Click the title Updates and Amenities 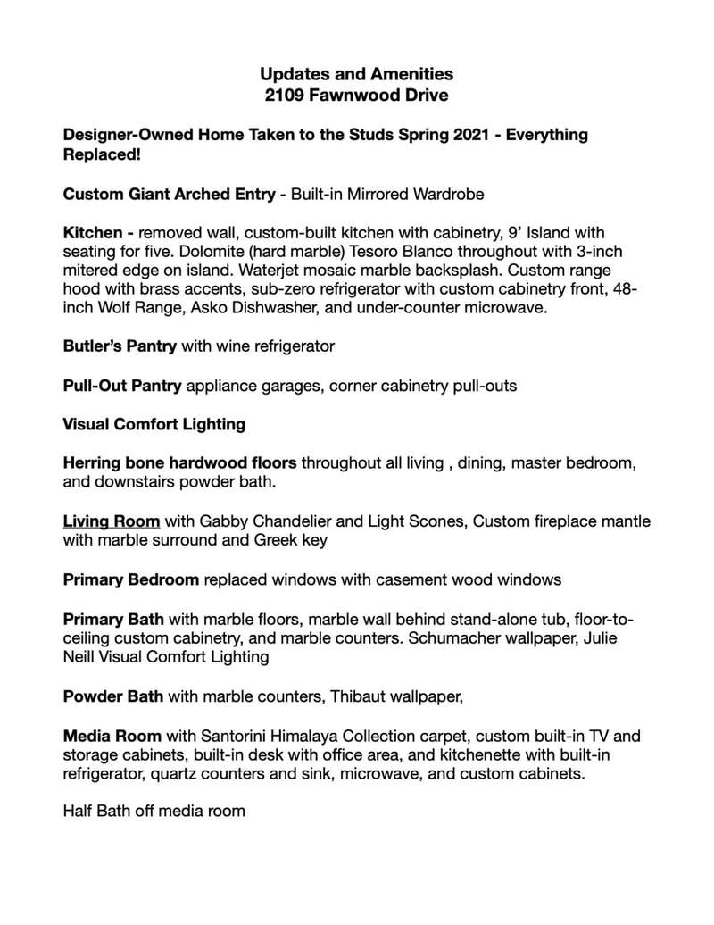356,74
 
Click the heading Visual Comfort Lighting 154,425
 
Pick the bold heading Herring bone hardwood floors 181,463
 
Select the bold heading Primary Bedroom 130,579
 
